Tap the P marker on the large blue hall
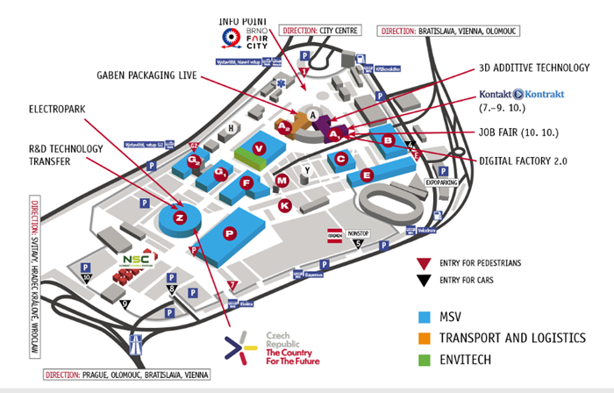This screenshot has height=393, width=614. [x=230, y=232]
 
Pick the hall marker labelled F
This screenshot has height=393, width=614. [x=247, y=183]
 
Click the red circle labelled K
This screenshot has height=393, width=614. [x=283, y=204]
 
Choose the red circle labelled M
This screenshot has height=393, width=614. [x=282, y=180]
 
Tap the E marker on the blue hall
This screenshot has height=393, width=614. [x=366, y=175]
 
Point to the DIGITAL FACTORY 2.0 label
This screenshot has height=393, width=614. [x=523, y=161]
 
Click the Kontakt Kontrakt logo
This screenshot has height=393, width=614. [x=522, y=95]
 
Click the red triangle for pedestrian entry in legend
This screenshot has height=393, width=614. [x=426, y=262]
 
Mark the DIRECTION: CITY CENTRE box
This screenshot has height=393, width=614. [x=321, y=30]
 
